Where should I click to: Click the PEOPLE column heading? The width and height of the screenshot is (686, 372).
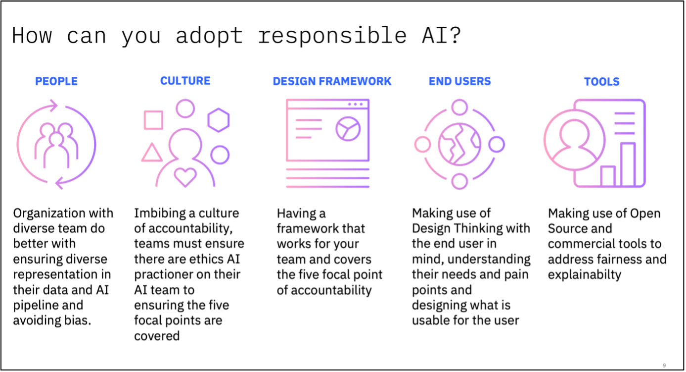[56, 81]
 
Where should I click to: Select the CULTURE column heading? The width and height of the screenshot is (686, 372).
[185, 81]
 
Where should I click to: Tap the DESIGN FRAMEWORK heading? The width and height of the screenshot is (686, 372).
[332, 81]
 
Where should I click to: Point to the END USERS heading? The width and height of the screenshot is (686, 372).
[459, 81]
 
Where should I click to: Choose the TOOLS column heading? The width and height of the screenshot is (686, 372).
[601, 82]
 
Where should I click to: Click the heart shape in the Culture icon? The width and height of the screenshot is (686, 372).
[185, 177]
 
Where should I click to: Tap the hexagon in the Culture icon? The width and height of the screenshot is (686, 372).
[218, 120]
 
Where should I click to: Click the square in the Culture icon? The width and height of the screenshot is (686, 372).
[153, 120]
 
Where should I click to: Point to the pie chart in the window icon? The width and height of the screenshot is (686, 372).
[348, 129]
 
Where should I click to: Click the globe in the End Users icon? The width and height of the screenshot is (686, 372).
[459, 145]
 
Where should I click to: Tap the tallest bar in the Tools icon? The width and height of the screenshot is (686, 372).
[627, 164]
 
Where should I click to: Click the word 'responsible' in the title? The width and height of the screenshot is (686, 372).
[332, 36]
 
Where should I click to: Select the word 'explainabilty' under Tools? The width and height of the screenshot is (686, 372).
[584, 274]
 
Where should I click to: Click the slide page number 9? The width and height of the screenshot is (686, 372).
[664, 366]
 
